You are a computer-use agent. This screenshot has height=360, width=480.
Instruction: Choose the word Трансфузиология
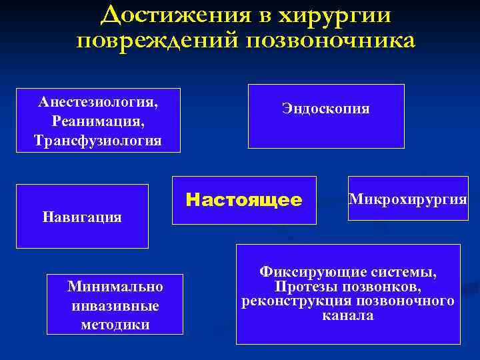[98, 141]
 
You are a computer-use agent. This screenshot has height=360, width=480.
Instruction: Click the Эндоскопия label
[326, 109]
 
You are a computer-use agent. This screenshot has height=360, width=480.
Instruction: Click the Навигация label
[81, 217]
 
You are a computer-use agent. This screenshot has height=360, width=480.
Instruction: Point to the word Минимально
[115, 287]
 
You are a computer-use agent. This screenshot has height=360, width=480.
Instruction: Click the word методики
[115, 325]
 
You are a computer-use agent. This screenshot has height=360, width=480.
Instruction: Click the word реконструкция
[289, 301]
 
